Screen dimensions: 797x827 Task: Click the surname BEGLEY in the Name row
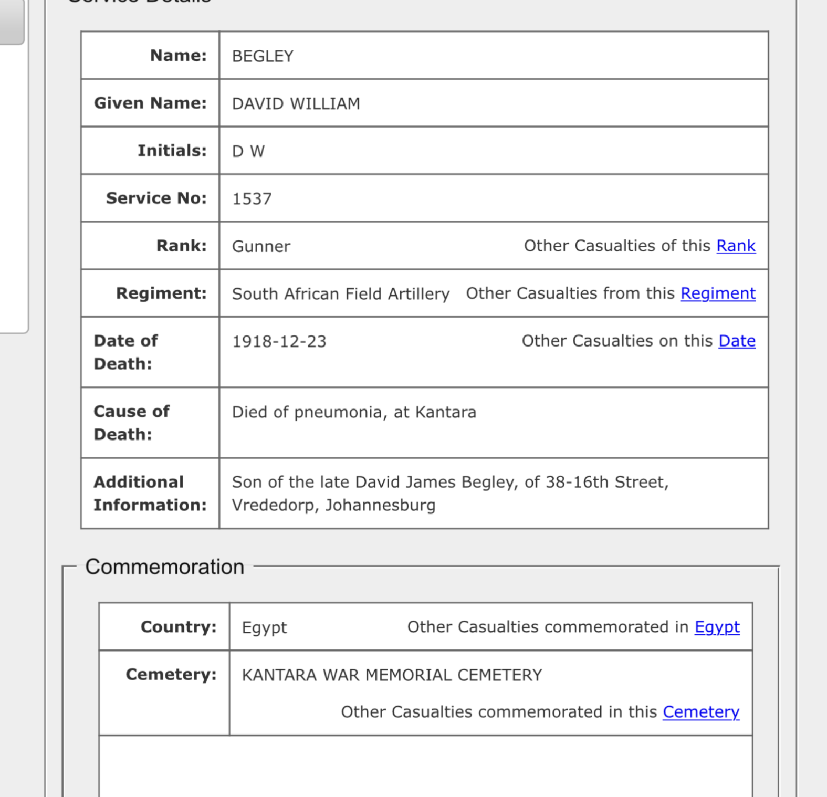point(263,56)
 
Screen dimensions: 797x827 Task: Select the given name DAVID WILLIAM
point(296,104)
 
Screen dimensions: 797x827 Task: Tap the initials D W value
point(248,152)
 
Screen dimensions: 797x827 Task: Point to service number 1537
point(252,199)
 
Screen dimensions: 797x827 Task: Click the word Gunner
point(261,247)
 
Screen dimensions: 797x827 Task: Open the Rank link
point(736,246)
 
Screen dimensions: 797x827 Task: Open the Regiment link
point(718,293)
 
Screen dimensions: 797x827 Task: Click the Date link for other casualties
point(737,341)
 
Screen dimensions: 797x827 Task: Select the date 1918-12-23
point(279,342)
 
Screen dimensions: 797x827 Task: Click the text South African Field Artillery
point(341,294)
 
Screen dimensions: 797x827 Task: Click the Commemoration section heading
point(165,567)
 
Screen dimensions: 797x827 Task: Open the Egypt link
point(717,627)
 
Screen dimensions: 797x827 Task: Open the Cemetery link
point(700,712)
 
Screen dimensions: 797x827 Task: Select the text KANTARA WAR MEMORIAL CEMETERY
point(392,675)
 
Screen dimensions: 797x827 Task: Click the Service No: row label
point(156,198)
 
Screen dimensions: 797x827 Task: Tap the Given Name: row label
point(150,103)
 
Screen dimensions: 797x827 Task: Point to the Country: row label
point(179,627)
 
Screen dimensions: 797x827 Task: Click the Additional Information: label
point(150,494)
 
